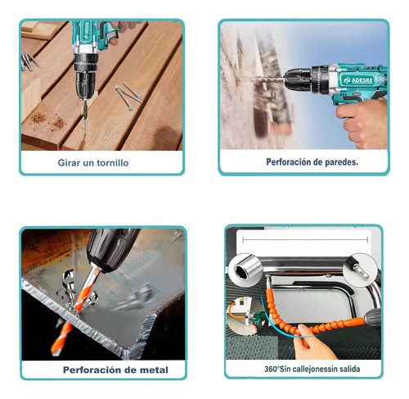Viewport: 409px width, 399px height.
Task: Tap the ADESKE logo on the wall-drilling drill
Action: [358, 80]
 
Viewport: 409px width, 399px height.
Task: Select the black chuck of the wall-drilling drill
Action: [298, 79]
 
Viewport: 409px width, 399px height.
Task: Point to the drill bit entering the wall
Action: [264, 79]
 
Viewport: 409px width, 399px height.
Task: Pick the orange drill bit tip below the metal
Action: [61, 338]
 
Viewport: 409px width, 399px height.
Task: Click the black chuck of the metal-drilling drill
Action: [112, 249]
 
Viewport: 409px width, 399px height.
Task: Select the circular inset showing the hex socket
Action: [245, 270]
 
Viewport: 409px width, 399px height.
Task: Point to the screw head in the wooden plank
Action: [106, 138]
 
